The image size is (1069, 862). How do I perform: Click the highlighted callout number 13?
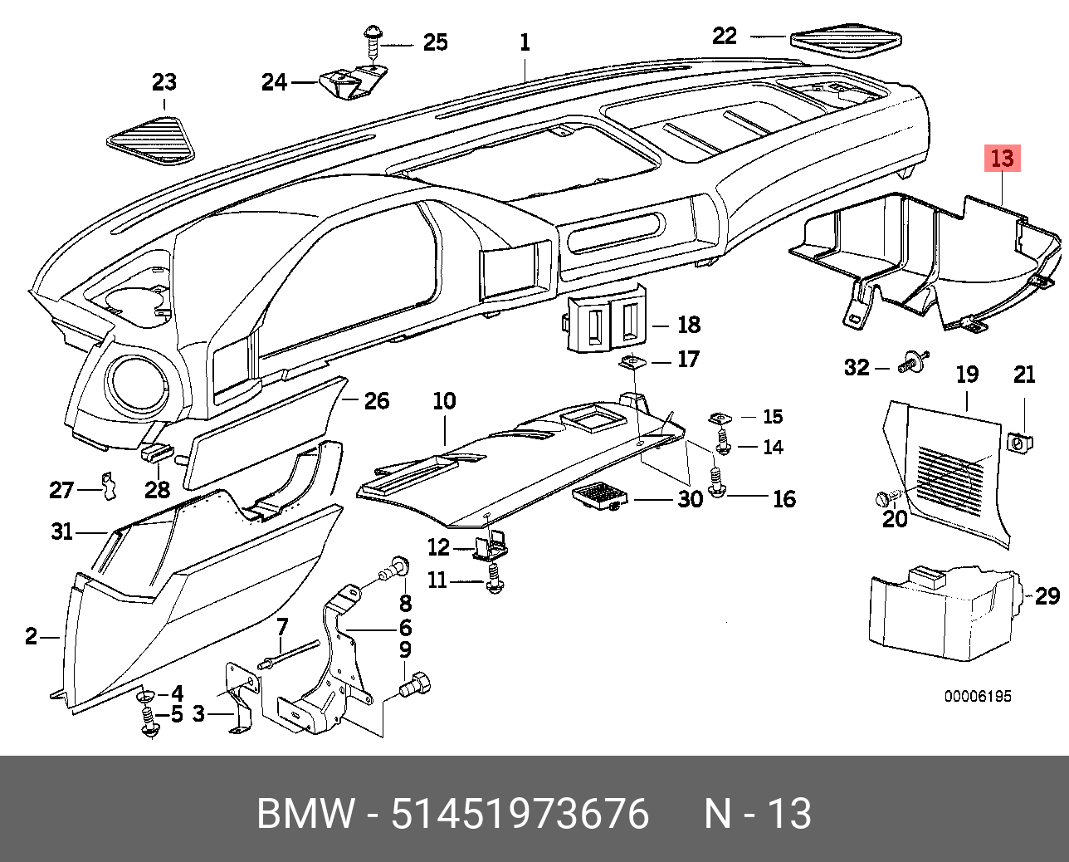click(x=1003, y=158)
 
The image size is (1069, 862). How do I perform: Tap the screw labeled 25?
click(x=373, y=43)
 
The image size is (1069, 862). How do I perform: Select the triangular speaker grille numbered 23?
click(x=151, y=140)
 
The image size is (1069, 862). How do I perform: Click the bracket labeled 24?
click(x=352, y=82)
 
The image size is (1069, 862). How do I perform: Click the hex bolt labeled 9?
click(x=415, y=685)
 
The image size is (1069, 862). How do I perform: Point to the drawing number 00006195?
click(x=978, y=696)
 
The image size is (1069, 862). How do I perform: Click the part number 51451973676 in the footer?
click(x=520, y=814)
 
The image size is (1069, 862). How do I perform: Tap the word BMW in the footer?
click(x=305, y=814)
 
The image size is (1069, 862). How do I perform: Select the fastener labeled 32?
click(x=913, y=361)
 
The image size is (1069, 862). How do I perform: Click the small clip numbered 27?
click(x=108, y=485)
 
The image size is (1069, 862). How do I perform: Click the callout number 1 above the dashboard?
click(x=525, y=42)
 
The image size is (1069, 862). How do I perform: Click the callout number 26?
click(x=377, y=400)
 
